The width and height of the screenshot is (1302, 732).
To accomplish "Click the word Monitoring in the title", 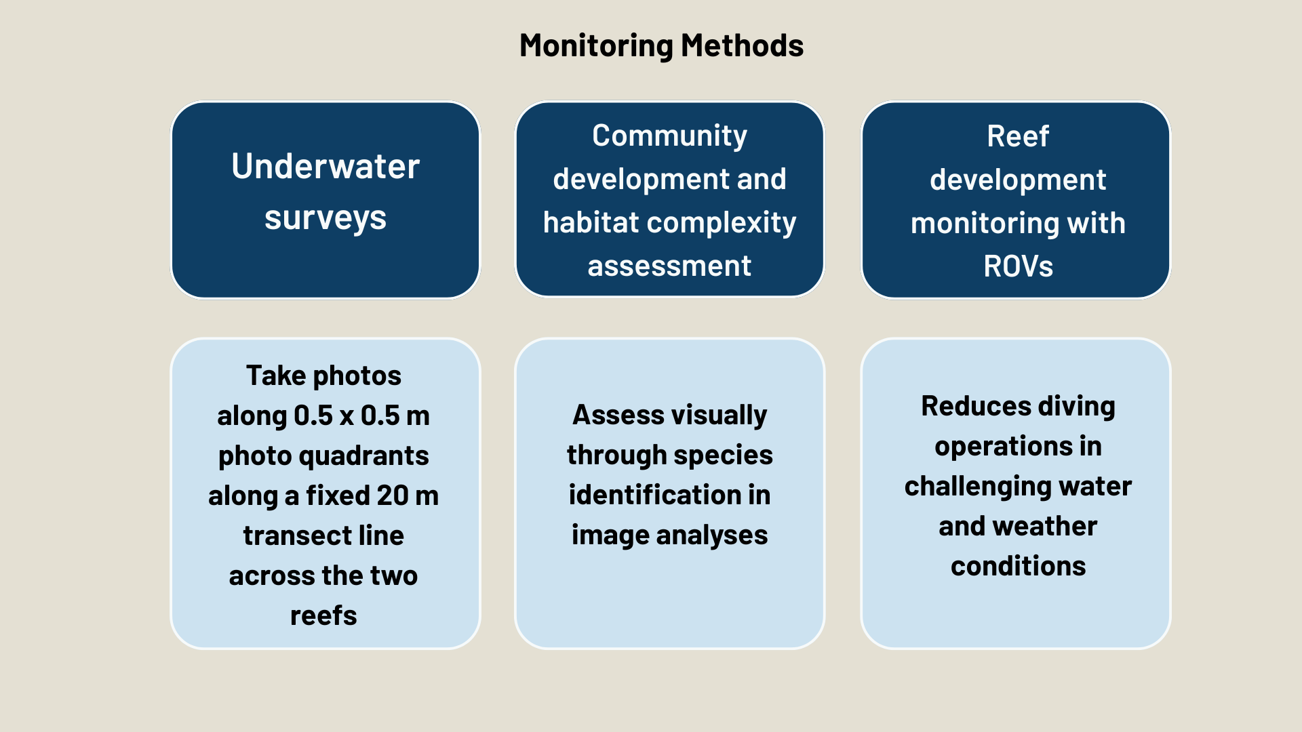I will [596, 46].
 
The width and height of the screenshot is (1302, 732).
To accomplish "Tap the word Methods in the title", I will [742, 46].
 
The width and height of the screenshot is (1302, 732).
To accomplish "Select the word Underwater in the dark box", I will [325, 166].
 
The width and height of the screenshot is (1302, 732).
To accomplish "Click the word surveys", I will [325, 218].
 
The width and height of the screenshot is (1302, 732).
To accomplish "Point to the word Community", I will [669, 136].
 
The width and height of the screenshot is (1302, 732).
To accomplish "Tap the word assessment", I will [669, 266].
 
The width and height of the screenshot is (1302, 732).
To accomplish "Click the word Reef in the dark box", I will [1017, 136].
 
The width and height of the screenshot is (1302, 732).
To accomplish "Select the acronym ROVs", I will [1017, 266].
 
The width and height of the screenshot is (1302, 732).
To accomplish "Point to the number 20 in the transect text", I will [392, 495].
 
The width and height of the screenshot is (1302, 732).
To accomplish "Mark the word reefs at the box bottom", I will [323, 615].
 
